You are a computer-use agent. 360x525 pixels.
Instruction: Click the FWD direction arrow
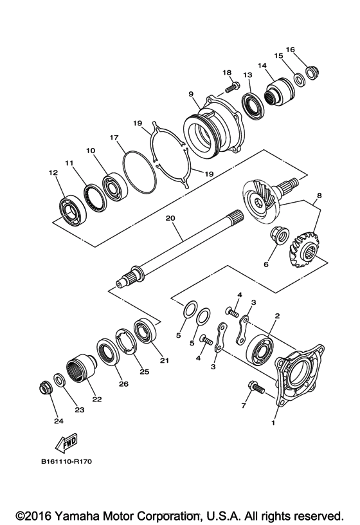pos(66,444)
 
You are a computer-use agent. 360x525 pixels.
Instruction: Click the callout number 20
pos(170,218)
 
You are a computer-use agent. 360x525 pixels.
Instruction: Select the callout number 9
pos(191,93)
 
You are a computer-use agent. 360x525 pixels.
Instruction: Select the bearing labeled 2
pos(262,350)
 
